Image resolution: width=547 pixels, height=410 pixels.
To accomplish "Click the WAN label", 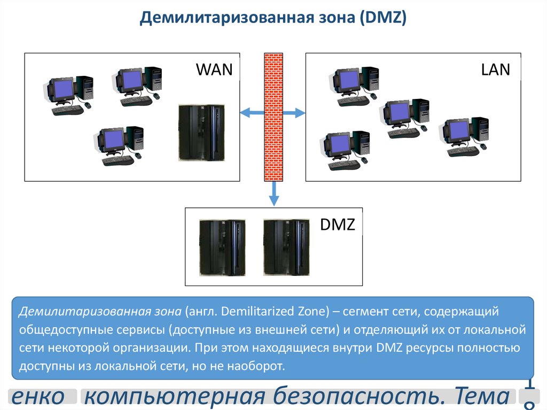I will (x=215, y=69).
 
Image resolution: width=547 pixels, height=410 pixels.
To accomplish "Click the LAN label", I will (x=495, y=69).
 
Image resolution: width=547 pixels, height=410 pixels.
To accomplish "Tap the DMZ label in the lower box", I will (x=338, y=224).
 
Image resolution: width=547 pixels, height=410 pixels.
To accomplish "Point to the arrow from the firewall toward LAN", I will (x=294, y=113).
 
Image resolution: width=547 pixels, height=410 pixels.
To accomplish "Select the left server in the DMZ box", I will (x=220, y=247).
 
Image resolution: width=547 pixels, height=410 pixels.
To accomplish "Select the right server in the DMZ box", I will (x=285, y=247).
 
